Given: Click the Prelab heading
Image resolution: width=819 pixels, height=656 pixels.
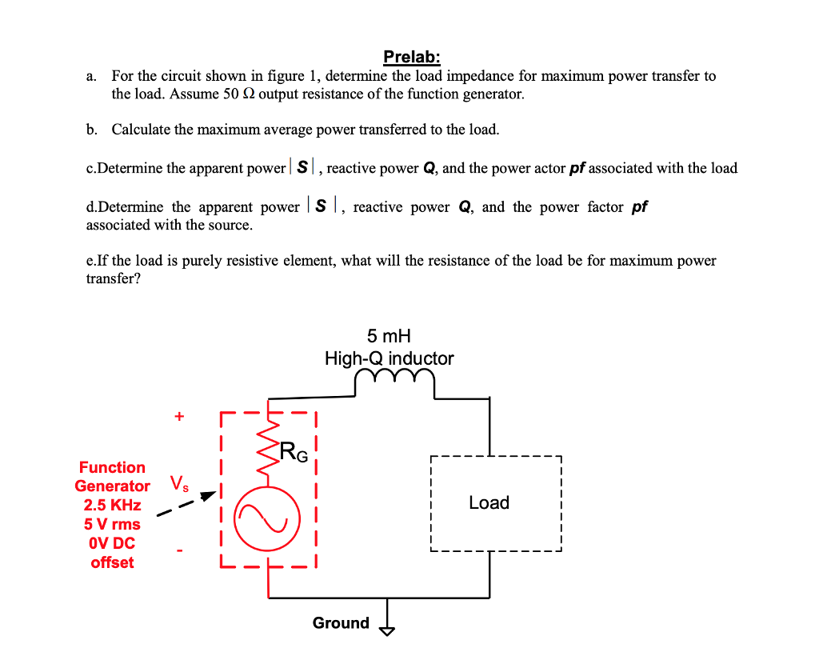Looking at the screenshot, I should coord(411,58).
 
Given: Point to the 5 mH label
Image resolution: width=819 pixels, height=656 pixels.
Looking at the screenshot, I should coord(389,336).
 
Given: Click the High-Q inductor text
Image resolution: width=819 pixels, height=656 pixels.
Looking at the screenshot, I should coord(389,358).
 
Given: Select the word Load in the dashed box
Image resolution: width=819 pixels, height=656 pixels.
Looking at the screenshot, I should coord(489,502).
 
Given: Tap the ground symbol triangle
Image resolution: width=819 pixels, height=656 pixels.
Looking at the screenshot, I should coord(388,630).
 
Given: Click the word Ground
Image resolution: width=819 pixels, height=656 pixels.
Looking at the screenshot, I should coord(341,623).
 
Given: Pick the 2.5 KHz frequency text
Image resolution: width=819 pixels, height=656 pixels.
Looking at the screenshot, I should coord(112,505).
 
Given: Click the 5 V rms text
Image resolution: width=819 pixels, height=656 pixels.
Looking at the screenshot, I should coord(112,524).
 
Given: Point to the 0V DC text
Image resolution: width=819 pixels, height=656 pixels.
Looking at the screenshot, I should coord(112,543).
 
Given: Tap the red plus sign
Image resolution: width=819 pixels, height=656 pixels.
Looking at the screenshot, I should coord(179,416).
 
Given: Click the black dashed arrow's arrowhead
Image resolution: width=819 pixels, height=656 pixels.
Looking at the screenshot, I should coord(209,495).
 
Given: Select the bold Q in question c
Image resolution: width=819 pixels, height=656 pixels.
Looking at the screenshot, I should coord(429,168).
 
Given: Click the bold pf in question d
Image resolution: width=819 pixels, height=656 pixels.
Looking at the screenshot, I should coord(639,207).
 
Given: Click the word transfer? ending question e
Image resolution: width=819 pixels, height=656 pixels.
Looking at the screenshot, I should coord(113,278).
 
